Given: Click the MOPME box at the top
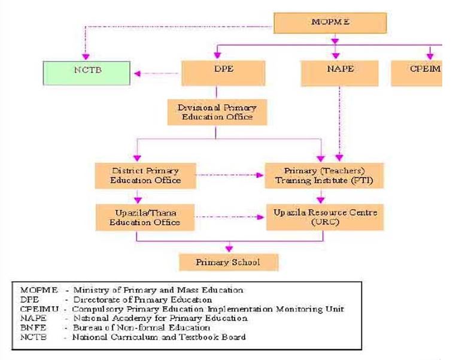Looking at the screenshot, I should tap(330, 22).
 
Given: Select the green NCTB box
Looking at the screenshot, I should tap(87, 74).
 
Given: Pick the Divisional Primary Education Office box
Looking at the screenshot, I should tap(217, 112).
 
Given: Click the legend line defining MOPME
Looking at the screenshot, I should tap(132, 291).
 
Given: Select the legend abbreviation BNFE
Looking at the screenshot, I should tap(31, 328).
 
